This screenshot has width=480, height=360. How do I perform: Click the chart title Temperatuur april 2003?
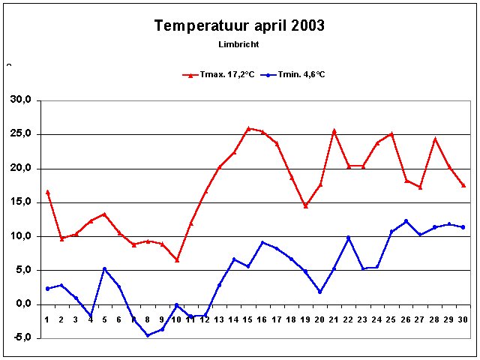tap(239, 26)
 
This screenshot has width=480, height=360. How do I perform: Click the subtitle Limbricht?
tap(238, 44)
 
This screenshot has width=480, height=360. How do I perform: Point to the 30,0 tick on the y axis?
tap(20, 100)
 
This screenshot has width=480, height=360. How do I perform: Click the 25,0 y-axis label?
tap(20, 134)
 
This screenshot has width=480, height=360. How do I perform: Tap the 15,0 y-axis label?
tap(20, 202)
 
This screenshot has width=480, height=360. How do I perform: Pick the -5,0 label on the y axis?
tap(20, 337)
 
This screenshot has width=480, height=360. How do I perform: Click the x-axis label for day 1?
tap(46, 320)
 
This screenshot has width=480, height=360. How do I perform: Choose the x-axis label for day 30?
tap(463, 320)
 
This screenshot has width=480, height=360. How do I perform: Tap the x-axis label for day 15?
tap(248, 320)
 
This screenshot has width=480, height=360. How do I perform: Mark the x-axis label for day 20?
tap(319, 320)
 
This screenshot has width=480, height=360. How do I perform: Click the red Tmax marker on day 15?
tap(248, 128)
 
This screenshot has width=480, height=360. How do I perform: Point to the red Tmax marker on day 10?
tap(176, 259)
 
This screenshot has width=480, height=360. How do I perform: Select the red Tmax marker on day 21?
tap(334, 130)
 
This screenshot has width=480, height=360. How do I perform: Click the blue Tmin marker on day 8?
tap(148, 335)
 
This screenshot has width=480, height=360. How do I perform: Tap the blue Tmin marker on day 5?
tap(104, 268)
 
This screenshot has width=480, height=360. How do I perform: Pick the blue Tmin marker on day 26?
tap(406, 221)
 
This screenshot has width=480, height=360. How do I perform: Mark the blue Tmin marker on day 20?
tap(319, 292)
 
